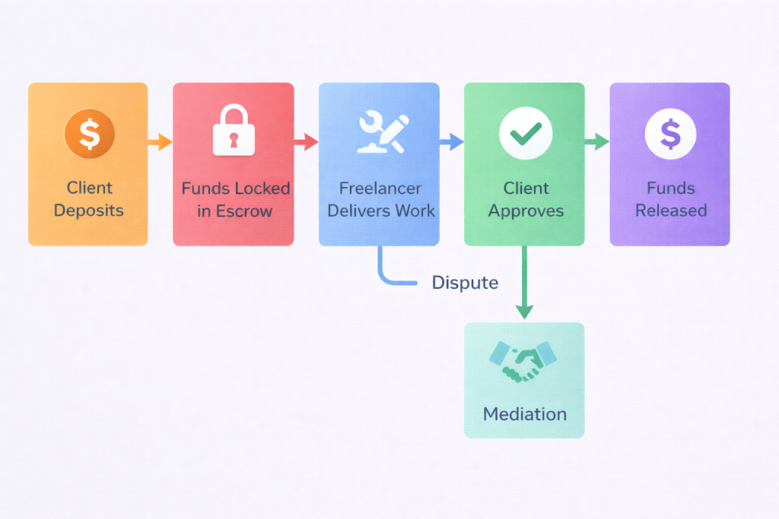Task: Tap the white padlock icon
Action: pos(234,131)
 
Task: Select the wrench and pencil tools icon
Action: pos(380,133)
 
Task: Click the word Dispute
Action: pos(465,283)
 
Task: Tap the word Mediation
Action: pos(524,414)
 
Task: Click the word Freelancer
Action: pos(379,188)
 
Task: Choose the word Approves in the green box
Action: pos(524,210)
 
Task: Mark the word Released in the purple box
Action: pos(671,210)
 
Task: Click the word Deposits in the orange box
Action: pos(89,210)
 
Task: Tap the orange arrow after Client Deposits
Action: pos(160,141)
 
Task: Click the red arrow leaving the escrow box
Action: pos(306,141)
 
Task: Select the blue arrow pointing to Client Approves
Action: pos(452,141)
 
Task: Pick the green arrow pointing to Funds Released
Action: pos(597,141)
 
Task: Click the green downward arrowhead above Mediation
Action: pos(524,311)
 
